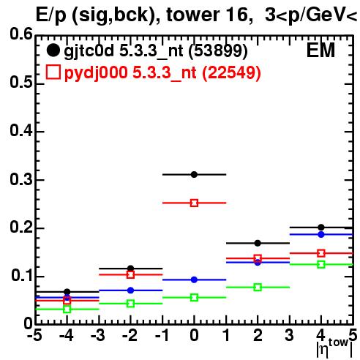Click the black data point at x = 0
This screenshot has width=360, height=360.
point(194,174)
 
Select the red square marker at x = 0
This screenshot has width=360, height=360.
point(194,203)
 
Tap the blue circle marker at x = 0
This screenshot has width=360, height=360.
point(194,280)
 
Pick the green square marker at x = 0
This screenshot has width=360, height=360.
point(194,298)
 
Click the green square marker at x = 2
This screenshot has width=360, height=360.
point(258,288)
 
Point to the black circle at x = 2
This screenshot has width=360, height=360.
point(258,243)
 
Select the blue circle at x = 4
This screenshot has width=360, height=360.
point(321,235)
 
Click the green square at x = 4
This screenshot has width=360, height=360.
point(321,264)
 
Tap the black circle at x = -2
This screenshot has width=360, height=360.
point(131,269)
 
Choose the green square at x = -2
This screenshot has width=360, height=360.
point(131,304)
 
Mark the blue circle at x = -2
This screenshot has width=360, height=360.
point(131,290)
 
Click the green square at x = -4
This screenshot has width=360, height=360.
point(67,310)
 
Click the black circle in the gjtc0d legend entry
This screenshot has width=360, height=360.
point(53,50)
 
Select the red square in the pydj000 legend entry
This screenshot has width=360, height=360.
point(53,72)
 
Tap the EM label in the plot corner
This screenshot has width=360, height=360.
point(320,50)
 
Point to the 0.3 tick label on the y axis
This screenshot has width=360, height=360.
point(21,180)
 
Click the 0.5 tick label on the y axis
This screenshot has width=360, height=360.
point(21,83)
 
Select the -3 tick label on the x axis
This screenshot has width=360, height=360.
point(98,335)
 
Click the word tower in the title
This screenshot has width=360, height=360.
point(192,15)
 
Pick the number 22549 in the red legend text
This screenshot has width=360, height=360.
point(231,72)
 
